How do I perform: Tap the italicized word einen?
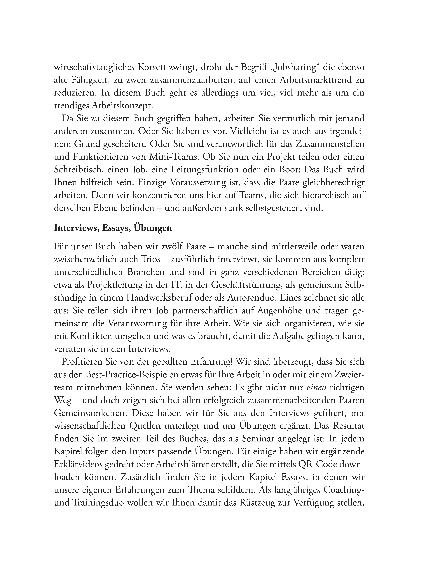point(316,387)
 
